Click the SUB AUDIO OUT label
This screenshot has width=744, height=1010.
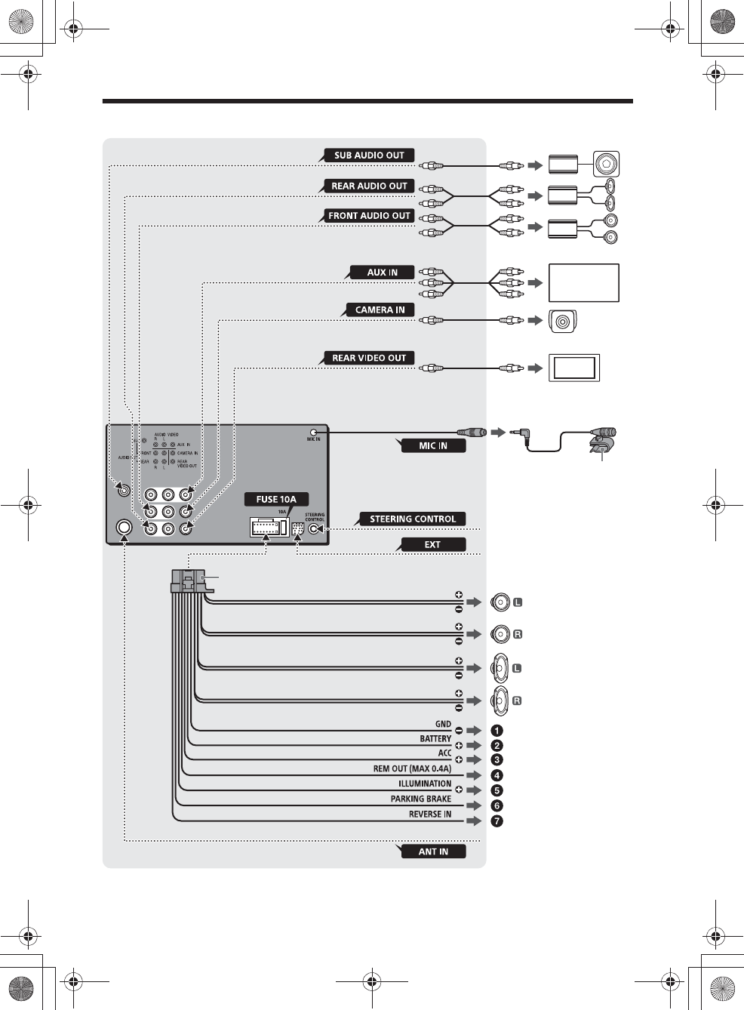(369, 156)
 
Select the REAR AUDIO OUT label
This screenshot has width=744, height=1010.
(369, 186)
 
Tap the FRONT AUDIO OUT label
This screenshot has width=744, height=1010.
(369, 216)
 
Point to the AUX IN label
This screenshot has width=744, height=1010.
(382, 273)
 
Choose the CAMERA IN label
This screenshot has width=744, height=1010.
(380, 310)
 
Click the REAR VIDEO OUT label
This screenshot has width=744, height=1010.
(369, 359)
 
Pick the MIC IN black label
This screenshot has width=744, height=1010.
(433, 446)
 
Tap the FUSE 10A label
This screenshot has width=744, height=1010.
(276, 499)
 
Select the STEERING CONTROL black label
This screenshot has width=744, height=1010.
(413, 519)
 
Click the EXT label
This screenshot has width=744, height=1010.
(432, 545)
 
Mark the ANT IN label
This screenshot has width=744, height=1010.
(433, 852)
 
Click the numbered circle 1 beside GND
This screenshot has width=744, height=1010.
(497, 731)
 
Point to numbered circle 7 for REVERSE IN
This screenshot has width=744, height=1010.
(497, 821)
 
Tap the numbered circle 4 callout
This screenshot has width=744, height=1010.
(497, 776)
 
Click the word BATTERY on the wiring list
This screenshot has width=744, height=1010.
(435, 739)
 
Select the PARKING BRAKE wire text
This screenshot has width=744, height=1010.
(421, 799)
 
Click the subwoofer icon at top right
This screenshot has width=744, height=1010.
(606, 164)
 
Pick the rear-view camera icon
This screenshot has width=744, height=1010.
(562, 322)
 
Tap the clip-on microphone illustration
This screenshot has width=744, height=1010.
(604, 442)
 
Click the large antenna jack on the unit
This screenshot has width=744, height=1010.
(125, 528)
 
